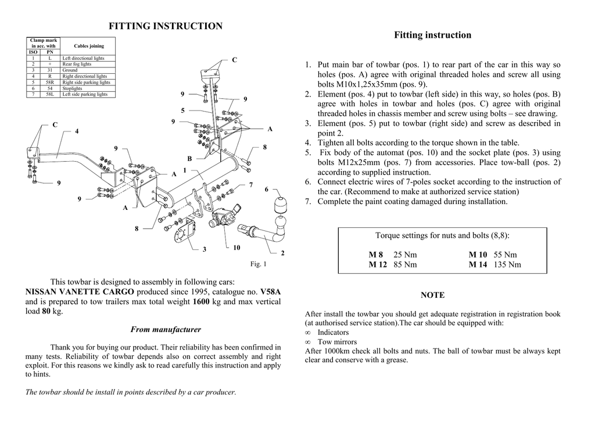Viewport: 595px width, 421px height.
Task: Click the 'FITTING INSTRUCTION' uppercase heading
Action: pos(166,26)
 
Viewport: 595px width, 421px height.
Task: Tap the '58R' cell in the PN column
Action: pos(50,83)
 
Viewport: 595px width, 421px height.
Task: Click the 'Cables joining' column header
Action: pos(88,46)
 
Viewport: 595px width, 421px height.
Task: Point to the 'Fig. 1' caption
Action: pos(258,264)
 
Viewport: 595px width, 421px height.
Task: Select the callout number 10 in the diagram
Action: pos(236,248)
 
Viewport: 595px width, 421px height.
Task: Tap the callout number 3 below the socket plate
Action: pos(205,250)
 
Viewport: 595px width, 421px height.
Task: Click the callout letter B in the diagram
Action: pos(189,159)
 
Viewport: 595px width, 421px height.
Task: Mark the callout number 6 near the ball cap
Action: pos(267,190)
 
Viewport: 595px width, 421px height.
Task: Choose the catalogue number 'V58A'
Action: pos(270,291)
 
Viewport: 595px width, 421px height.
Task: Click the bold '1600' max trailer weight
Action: pos(200,302)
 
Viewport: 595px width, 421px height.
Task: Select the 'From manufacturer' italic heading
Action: pos(166,330)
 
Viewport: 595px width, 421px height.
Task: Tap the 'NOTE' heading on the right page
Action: pos(432,295)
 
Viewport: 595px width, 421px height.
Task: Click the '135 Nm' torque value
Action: pos(507,265)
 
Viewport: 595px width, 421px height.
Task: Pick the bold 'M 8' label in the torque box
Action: pos(376,255)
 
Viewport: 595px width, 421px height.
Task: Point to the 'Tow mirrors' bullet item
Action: pos(337,342)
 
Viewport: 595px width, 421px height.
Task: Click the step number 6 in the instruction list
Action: pos(309,182)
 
